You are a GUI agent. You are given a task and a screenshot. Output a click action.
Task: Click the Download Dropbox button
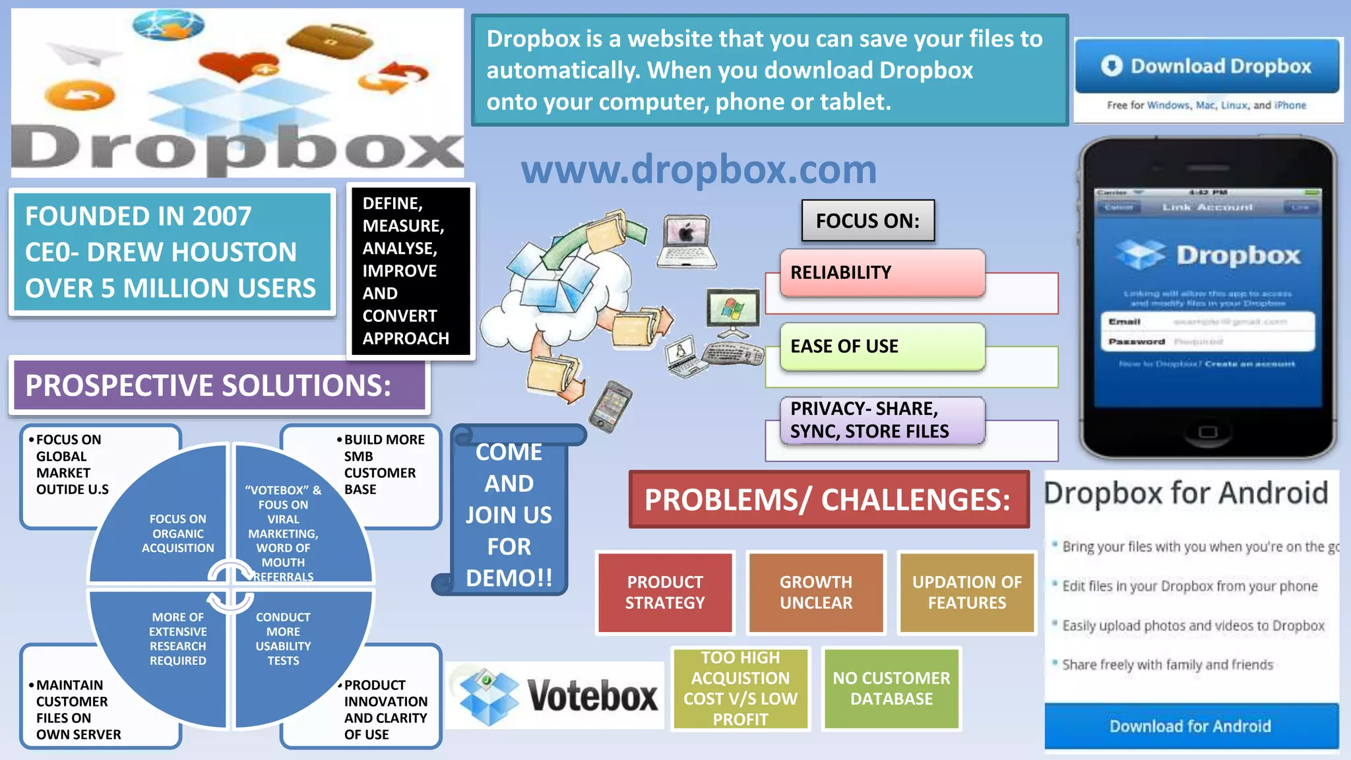[1207, 67]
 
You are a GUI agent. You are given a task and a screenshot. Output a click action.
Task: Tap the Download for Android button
[1191, 726]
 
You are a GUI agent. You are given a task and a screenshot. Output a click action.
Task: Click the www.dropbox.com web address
[699, 170]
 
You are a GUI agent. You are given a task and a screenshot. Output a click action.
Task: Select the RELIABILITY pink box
[882, 272]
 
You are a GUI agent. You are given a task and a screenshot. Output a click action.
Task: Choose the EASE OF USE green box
[882, 346]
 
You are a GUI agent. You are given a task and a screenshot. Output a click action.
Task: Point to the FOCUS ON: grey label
[867, 221]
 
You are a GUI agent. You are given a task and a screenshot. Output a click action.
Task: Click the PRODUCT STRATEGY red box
[665, 592]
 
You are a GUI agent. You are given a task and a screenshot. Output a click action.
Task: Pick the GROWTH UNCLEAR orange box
[816, 592]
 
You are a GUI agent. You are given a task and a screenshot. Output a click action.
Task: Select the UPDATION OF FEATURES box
[967, 592]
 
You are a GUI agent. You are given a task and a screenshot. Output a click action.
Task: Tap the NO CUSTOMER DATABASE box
[891, 688]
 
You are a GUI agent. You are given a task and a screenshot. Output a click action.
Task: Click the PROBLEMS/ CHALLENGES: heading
[829, 499]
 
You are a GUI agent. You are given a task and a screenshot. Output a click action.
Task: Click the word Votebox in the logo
[592, 696]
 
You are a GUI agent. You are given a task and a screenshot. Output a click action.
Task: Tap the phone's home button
[1207, 433]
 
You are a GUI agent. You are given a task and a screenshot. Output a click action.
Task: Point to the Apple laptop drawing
[686, 241]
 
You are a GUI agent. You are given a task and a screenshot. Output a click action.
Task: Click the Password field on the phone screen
[1207, 342]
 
